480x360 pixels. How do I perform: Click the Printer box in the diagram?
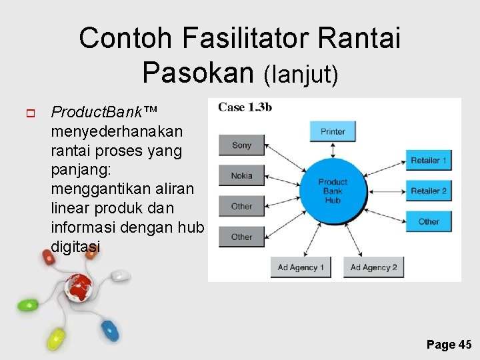[x=333, y=131]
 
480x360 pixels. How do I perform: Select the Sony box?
[x=241, y=145]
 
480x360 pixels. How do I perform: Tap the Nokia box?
[x=241, y=176]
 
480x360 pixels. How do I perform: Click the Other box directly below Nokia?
[x=241, y=207]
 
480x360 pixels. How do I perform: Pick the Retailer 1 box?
[x=429, y=161]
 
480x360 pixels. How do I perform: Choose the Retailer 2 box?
[x=429, y=191]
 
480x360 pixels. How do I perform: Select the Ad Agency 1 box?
[x=301, y=267]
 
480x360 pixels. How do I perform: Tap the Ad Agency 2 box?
[x=374, y=267]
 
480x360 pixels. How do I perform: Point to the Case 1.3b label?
[x=245, y=107]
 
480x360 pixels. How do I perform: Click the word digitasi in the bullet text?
[x=75, y=247]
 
